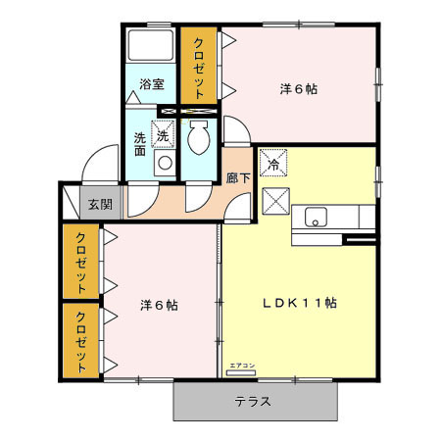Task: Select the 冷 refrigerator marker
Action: point(273,164)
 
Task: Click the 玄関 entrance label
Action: point(99,204)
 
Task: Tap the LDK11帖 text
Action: point(299,303)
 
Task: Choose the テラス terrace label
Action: point(253,401)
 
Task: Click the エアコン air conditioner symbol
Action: point(241,367)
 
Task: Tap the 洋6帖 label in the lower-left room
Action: point(157,305)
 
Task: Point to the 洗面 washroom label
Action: point(139,143)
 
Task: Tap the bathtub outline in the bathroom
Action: point(151,49)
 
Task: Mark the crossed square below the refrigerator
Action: point(273,202)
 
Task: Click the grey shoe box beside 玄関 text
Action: point(71,201)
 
